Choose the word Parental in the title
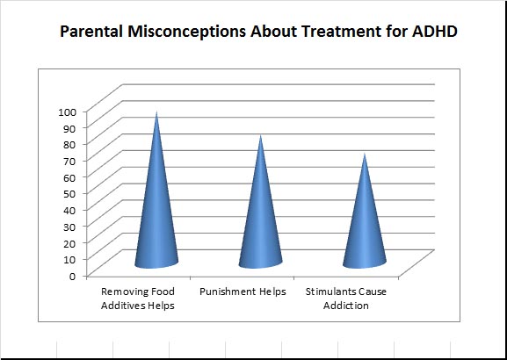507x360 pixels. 91,32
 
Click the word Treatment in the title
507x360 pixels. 337,32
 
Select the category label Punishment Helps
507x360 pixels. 243,292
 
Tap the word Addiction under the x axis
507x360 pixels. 346,306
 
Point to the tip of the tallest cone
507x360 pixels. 156,112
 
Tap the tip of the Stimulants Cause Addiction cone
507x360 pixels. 365,153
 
